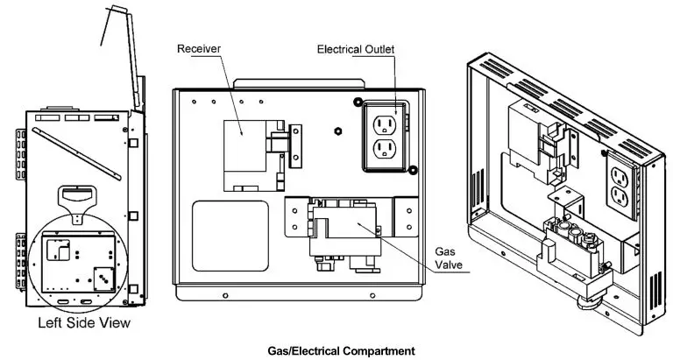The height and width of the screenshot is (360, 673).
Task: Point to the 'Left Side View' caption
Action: click(84, 323)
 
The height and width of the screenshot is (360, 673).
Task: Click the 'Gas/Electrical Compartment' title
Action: click(341, 350)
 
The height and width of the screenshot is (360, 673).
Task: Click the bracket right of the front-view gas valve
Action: click(406, 215)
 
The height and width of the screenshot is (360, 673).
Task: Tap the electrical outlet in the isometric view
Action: click(619, 186)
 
